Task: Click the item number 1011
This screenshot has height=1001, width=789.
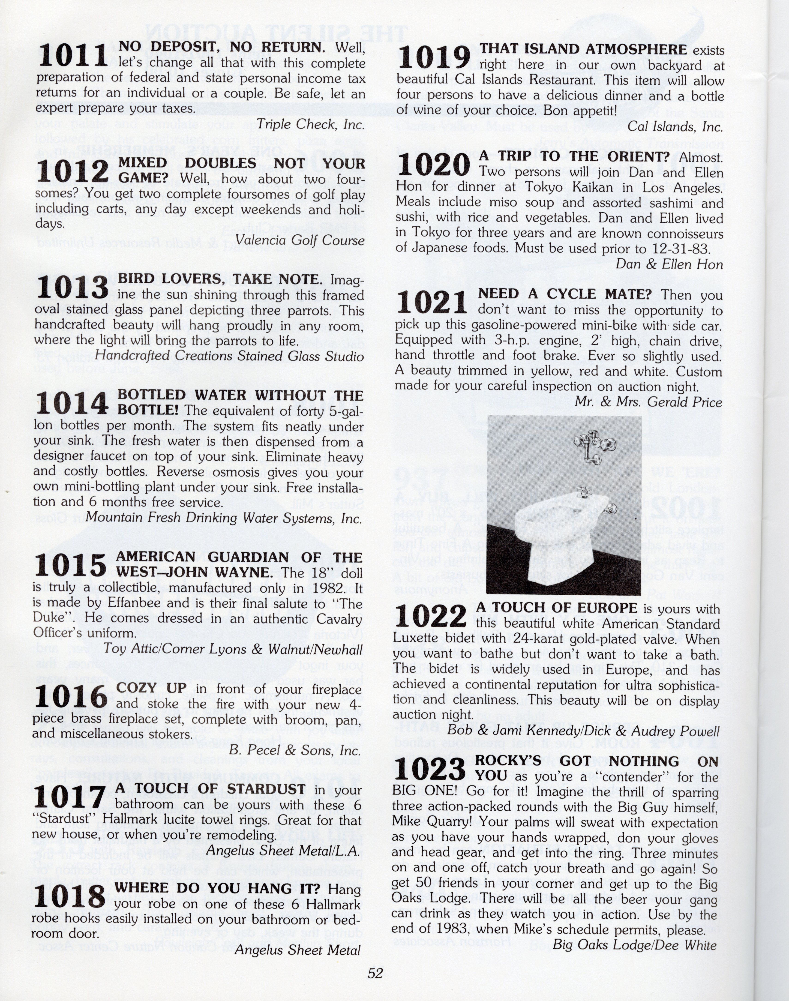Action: pos(73,56)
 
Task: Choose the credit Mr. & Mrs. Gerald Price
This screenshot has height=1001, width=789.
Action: pos(648,402)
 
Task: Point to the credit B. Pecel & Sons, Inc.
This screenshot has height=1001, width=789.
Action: pos(294,750)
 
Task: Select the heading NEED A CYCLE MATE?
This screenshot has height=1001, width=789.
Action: pos(564,294)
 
